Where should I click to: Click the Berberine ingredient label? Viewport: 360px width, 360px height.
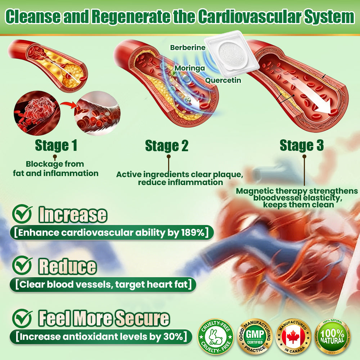tap(188, 48)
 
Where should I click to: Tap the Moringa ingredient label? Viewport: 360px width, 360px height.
tap(190, 68)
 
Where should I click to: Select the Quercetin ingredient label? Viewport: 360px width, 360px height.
tap(223, 80)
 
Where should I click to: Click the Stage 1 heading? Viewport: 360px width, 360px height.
tap(56, 145)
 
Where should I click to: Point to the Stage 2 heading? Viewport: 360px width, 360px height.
tap(167, 146)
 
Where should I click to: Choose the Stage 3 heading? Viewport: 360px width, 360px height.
tap(302, 145)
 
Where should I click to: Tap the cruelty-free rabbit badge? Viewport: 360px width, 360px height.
tap(216, 337)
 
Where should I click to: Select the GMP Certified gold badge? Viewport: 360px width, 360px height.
tap(255, 337)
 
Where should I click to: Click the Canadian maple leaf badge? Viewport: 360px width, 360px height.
tap(293, 337)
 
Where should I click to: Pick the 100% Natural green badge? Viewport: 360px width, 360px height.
tap(332, 337)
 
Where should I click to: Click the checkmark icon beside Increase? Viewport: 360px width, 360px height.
tap(22, 214)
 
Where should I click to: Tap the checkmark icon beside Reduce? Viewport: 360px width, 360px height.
tap(22, 266)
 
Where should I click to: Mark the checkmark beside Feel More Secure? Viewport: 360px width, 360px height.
tap(22, 319)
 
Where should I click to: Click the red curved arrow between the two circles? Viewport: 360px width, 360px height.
tap(69, 105)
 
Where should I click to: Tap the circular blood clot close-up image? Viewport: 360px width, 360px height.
tap(37, 113)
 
